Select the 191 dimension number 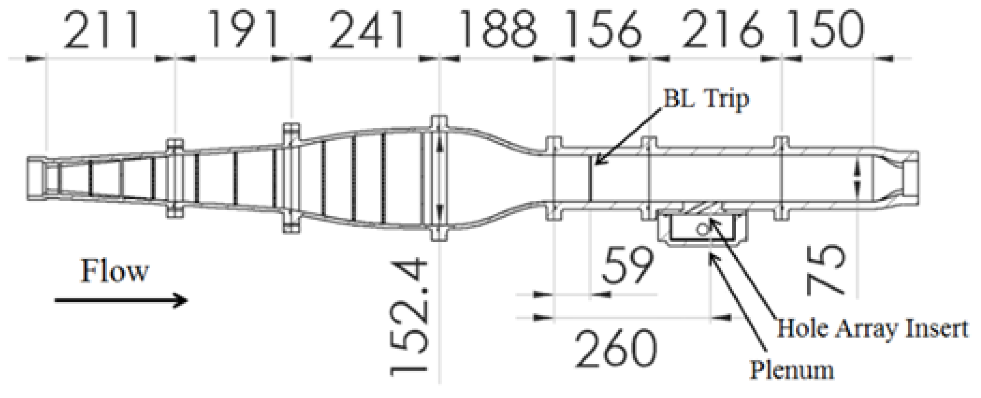[243, 30]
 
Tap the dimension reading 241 [367, 30]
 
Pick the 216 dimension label [722, 30]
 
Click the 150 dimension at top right [824, 30]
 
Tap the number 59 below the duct [628, 266]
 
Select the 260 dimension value [616, 349]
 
